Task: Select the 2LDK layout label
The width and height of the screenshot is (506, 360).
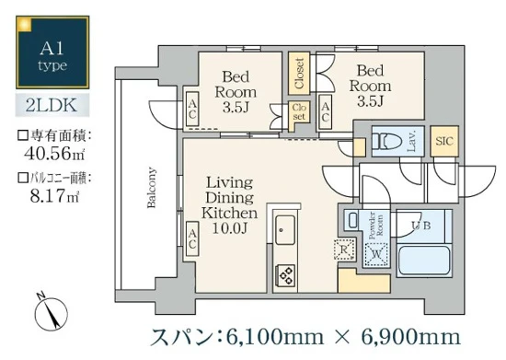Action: pyautogui.click(x=51, y=106)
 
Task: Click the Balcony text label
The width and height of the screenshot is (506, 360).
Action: pyautogui.click(x=150, y=188)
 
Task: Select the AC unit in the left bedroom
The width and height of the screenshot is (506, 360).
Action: pyautogui.click(x=192, y=111)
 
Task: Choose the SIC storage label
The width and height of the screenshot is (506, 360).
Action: pyautogui.click(x=443, y=141)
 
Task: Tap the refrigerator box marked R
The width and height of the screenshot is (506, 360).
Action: pyautogui.click(x=343, y=250)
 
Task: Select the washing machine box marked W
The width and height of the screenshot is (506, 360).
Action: pyautogui.click(x=374, y=256)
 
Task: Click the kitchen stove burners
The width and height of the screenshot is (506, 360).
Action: pyautogui.click(x=286, y=273)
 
